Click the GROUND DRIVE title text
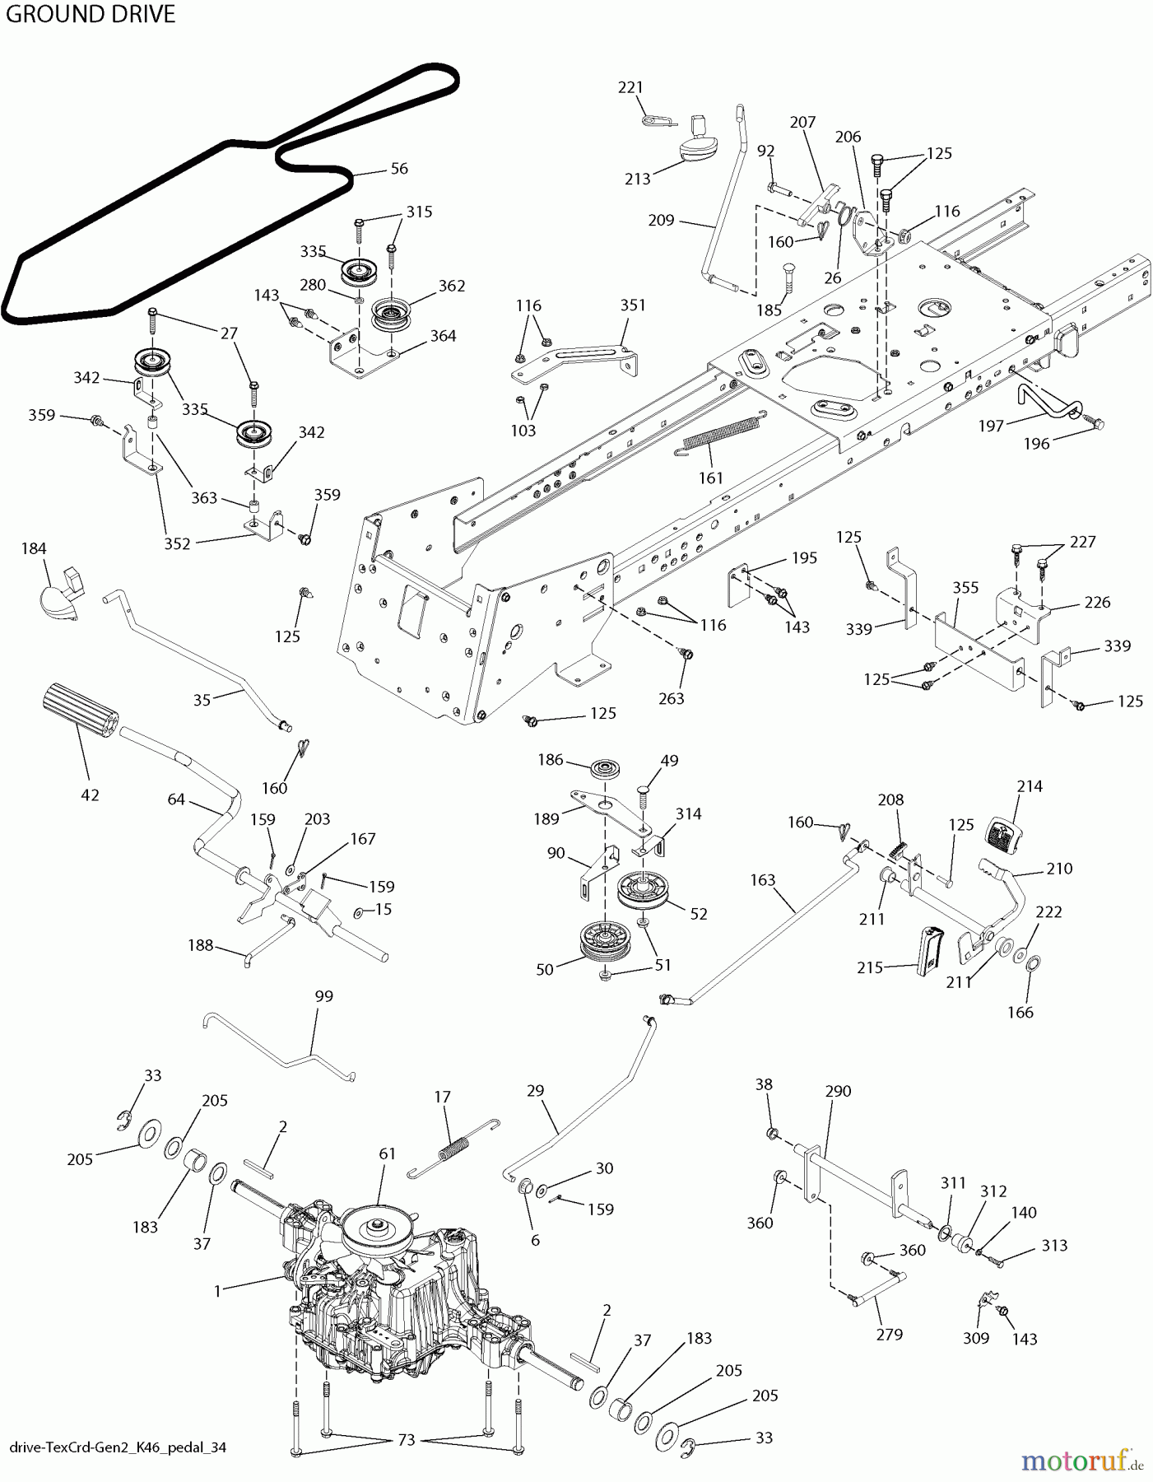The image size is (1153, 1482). (89, 14)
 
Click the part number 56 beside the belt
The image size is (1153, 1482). (399, 168)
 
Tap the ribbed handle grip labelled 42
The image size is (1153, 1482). (78, 707)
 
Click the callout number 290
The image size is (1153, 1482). (838, 1091)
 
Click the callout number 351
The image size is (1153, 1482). (632, 305)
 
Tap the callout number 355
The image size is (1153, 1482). (965, 588)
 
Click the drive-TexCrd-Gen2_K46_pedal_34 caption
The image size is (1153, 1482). (118, 1447)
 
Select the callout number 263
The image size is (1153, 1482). (672, 698)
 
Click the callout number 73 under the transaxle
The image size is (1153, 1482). (407, 1440)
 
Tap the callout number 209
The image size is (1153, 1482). (661, 220)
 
